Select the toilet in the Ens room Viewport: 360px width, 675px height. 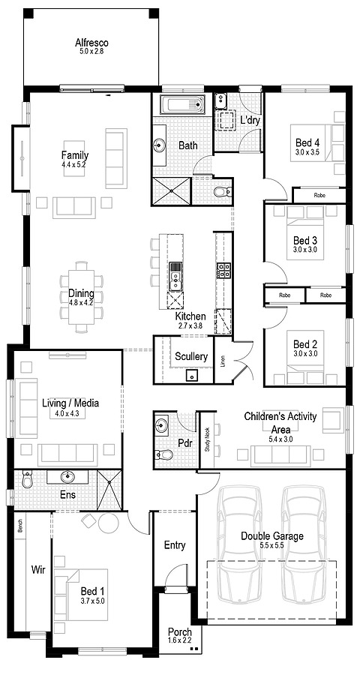click(x=26, y=478)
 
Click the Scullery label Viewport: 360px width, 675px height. click(x=191, y=356)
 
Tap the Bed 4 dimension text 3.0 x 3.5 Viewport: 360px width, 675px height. click(x=307, y=153)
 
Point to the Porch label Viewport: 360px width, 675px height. click(x=179, y=633)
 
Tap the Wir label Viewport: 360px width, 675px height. click(x=38, y=570)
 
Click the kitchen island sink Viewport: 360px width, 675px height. click(x=175, y=275)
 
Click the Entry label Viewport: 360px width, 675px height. click(x=174, y=545)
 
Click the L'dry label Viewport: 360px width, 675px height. click(x=249, y=119)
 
